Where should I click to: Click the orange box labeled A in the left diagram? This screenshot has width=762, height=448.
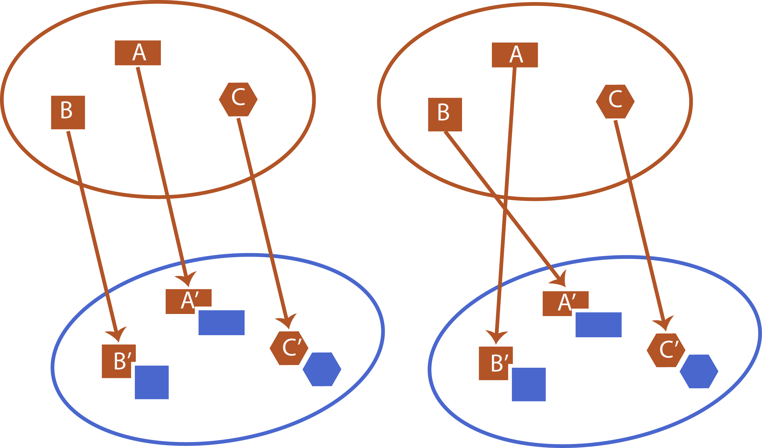click(x=138, y=53)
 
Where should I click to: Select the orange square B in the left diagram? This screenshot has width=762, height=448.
click(x=68, y=113)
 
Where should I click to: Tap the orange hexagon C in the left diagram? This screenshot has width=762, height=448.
click(x=238, y=99)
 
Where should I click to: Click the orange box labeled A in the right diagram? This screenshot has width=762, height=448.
click(x=515, y=55)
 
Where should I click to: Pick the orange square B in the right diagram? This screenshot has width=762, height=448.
click(x=445, y=115)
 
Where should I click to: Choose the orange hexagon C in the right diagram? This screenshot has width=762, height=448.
click(x=615, y=101)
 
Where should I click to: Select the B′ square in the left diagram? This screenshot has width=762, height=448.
click(x=116, y=361)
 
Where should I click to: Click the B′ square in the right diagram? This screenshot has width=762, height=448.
click(x=493, y=363)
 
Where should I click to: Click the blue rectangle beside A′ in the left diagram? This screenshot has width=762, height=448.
click(x=221, y=323)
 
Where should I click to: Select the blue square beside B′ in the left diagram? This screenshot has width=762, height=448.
click(x=152, y=382)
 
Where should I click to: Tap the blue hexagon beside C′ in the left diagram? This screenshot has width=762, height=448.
click(x=322, y=369)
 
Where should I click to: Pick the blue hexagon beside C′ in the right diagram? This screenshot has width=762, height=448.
click(x=699, y=371)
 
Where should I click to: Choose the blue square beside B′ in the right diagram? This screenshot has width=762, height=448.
click(x=529, y=384)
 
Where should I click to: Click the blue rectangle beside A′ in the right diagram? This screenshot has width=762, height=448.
click(x=598, y=325)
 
